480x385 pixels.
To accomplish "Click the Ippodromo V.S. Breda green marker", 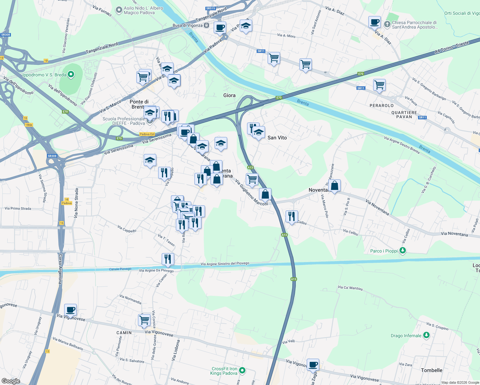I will (x=71, y=75).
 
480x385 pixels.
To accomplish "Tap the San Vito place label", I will (x=277, y=138).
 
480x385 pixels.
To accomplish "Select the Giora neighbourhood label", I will (x=229, y=95).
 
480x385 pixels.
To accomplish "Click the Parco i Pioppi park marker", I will (x=402, y=251).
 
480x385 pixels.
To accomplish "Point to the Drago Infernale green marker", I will (x=426, y=335).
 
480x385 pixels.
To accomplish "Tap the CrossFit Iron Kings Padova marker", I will (x=242, y=371).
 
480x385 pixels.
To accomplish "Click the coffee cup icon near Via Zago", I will (x=313, y=364).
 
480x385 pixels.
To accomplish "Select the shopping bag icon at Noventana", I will (x=334, y=185).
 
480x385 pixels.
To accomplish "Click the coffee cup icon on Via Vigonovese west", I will (x=71, y=310).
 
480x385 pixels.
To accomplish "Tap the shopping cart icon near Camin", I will (x=144, y=320).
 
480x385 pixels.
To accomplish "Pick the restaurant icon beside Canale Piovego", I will (x=168, y=259).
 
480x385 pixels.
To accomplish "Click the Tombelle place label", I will (x=431, y=370).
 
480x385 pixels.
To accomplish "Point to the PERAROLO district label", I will (x=381, y=106).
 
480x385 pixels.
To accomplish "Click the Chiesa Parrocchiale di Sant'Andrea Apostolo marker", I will (x=387, y=24).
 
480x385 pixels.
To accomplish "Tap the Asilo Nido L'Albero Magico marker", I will (x=119, y=10).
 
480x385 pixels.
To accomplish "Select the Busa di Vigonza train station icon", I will (x=206, y=25).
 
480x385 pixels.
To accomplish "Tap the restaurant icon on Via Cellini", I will (x=291, y=216).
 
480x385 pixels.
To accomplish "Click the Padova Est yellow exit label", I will (x=147, y=134).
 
